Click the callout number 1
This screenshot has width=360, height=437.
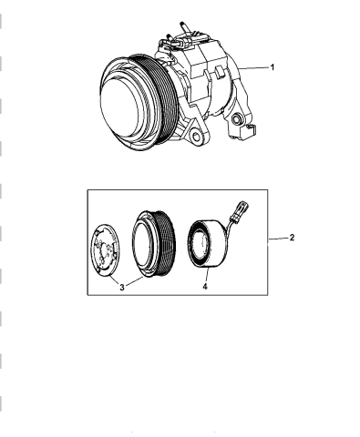(273, 67)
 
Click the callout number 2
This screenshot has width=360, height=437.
(292, 238)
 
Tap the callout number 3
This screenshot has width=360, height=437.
(122, 287)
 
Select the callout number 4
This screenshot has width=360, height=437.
(205, 286)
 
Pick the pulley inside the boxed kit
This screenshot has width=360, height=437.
(153, 244)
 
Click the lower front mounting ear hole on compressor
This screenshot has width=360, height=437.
(196, 137)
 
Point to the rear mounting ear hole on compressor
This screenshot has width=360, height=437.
(236, 119)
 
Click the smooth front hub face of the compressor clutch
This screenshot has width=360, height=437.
(121, 107)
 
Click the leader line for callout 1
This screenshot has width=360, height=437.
(253, 68)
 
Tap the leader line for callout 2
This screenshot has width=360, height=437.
(278, 239)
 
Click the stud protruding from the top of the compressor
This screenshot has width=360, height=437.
(185, 27)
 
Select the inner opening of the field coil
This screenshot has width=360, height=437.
(201, 244)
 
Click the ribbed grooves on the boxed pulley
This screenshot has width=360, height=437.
(167, 243)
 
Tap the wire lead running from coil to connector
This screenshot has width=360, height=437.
(231, 225)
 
